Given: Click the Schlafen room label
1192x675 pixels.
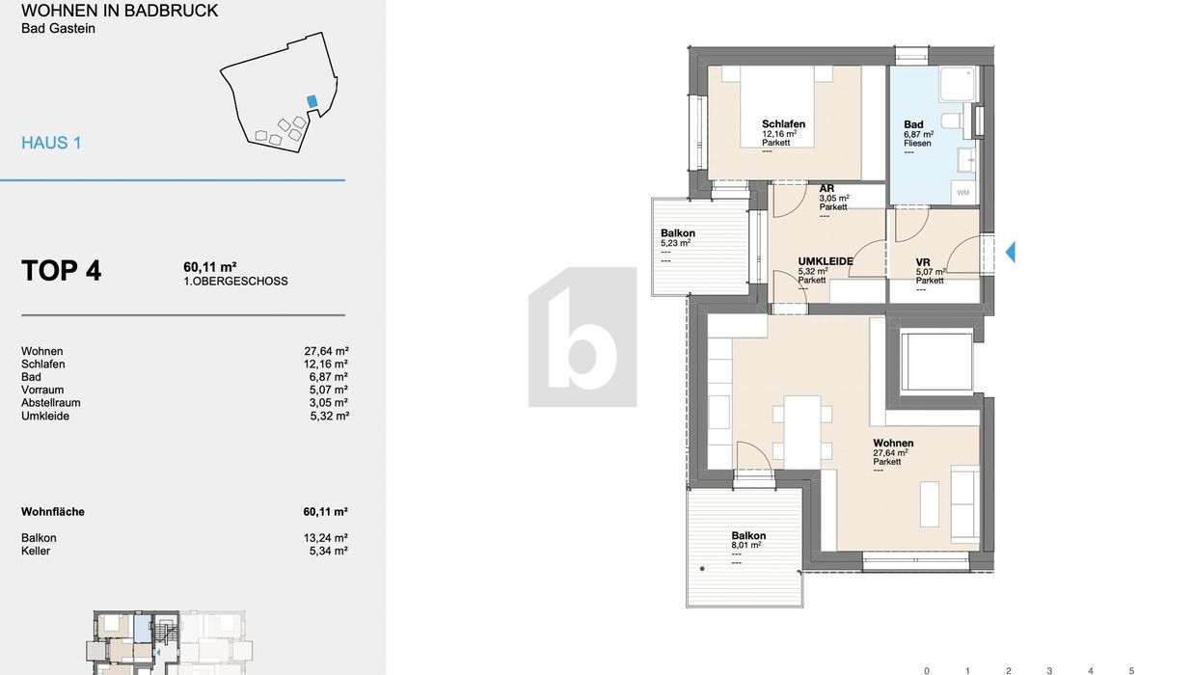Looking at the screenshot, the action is pos(783,124).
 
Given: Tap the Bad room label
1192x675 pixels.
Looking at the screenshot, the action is pos(913,124).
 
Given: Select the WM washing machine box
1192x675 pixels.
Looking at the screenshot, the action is pos(963,193).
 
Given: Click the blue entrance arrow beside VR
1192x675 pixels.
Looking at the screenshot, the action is pos(1010,252).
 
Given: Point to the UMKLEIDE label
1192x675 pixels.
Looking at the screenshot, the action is pos(826,261).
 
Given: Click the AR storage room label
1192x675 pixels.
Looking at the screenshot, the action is pos(826,188).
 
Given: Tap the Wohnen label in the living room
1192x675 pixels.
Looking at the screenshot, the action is pos(893,443).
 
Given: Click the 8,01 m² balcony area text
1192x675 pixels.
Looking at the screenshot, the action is pos(746,545).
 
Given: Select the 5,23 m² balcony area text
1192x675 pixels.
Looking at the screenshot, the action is pos(675,243).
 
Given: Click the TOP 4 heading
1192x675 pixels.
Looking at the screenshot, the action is pos(61,270).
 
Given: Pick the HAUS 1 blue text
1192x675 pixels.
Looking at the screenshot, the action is pos(51,143).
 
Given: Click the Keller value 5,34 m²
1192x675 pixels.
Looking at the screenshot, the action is pos(328,551).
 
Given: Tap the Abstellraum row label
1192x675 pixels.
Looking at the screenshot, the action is pos(50,403).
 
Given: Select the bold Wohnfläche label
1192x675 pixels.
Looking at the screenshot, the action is pos(53,512).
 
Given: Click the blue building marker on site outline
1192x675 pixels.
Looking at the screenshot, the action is pos(312,101).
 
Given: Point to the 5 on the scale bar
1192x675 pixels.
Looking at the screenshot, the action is pos(1131,671).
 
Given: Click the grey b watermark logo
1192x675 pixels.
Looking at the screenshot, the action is pos(582,337).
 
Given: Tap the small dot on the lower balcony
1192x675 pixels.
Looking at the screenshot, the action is pos(702,569).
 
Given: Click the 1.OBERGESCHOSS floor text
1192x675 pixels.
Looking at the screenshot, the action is pos(235,281).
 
